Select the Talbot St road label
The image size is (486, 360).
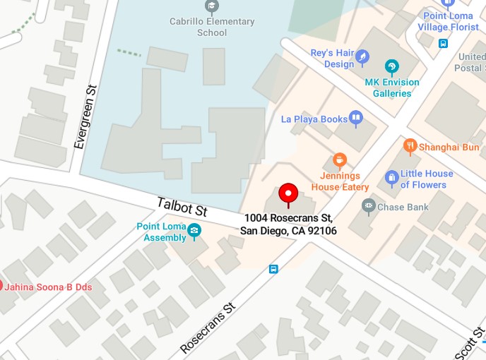tap(182, 206)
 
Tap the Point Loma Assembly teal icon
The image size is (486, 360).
tap(194, 231)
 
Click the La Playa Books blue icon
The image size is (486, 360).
tap(356, 119)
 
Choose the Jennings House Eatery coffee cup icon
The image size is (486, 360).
tap(339, 160)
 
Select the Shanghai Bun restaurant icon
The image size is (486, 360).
tap(410, 147)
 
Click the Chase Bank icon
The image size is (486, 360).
tap(367, 207)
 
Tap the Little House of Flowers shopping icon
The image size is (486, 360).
tap(391, 179)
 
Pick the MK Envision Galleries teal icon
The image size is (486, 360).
tap(391, 68)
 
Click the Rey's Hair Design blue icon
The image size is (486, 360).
tap(362, 56)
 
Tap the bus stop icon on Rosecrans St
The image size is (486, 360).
tap(273, 269)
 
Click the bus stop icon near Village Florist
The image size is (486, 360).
tap(443, 43)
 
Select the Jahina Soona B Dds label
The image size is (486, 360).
tap(48, 287)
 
